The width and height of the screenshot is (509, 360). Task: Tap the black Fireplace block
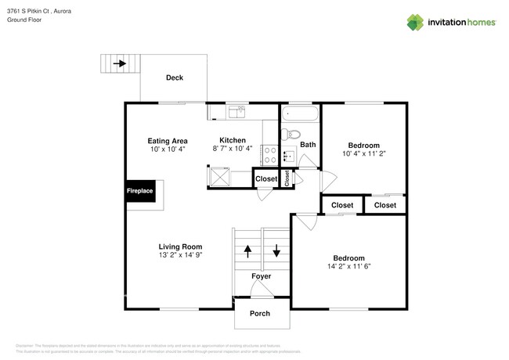(140, 191)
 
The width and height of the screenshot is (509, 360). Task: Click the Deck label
(175, 77)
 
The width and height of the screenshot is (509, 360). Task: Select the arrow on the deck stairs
(120, 63)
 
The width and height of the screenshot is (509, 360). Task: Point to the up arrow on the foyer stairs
(248, 252)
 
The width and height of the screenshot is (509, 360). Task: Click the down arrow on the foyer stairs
(276, 252)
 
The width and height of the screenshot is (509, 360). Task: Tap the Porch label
(259, 314)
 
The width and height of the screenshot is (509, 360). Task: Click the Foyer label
(262, 277)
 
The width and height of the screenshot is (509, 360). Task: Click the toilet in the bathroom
(289, 134)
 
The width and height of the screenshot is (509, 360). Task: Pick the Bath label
(308, 144)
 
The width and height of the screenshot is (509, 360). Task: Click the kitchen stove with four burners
(269, 154)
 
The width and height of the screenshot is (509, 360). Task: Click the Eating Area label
(168, 141)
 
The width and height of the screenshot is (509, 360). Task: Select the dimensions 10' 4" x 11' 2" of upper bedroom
(364, 153)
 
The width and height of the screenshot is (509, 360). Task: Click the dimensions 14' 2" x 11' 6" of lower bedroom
(348, 266)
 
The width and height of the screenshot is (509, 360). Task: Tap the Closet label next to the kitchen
(266, 179)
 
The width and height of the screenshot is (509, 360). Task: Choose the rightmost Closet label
(384, 205)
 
